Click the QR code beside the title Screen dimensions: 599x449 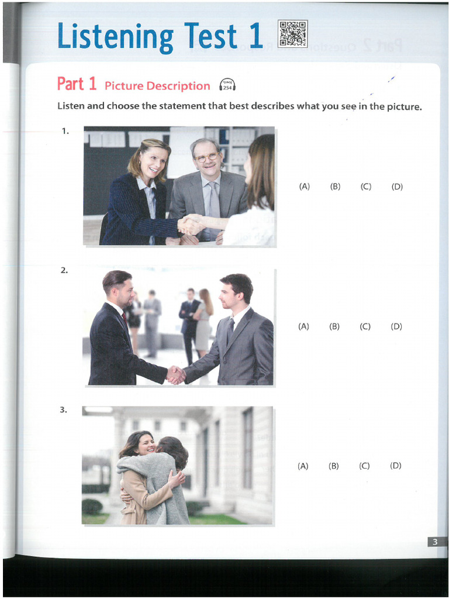point(293,34)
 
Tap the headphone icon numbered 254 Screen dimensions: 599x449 point(227,86)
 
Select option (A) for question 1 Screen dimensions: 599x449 point(304,187)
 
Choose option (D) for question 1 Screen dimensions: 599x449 point(397,187)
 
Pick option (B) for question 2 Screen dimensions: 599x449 point(334,326)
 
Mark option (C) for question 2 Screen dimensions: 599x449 point(365,326)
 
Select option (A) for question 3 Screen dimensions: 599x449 point(303,466)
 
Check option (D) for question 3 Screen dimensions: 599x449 point(396,466)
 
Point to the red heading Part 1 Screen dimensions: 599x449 point(77,84)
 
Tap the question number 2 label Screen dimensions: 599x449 point(64,270)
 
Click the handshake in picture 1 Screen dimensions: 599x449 point(191,225)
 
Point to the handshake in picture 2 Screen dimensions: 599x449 point(176,374)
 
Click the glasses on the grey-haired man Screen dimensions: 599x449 point(207,157)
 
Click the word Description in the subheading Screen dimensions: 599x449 point(178,86)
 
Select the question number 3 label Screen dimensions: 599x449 point(63,409)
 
